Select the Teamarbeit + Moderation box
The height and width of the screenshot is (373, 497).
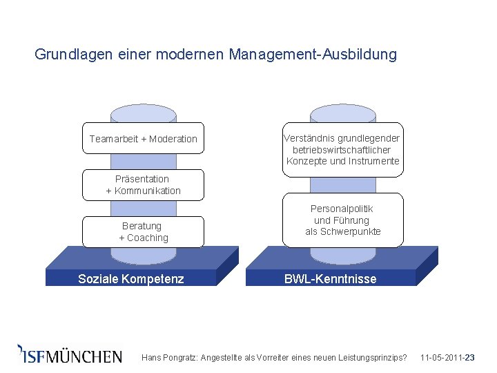point(143,139)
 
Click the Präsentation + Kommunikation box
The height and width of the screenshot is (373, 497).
point(143,184)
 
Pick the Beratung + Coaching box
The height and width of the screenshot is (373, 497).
point(143,231)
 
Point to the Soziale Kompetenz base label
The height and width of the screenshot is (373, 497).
point(131,279)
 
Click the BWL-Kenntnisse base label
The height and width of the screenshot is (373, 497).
point(331,279)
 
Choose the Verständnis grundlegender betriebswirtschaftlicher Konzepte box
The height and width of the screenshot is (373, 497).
point(342,150)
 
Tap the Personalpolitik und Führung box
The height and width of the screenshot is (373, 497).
point(342,220)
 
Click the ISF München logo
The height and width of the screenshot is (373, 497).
point(70,355)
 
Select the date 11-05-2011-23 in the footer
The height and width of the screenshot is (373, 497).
point(447,358)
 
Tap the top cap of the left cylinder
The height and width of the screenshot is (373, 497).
point(143,113)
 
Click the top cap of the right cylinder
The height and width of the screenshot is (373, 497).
point(342,113)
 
